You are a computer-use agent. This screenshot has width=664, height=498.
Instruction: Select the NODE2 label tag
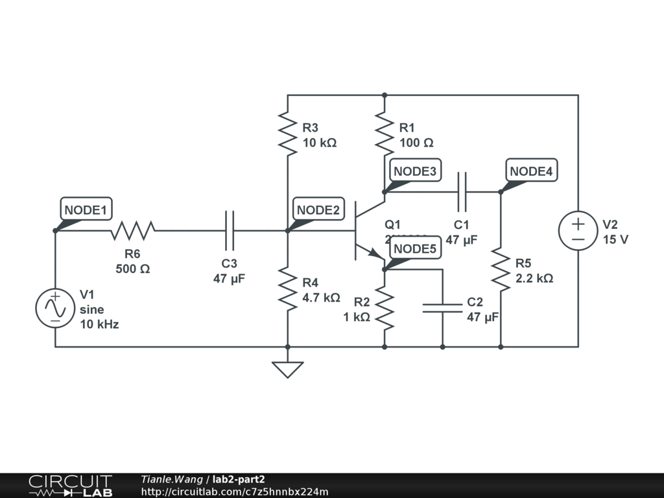(318, 210)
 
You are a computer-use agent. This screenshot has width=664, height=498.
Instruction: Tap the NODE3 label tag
(416, 171)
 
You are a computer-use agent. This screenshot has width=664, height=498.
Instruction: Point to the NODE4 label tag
(531, 171)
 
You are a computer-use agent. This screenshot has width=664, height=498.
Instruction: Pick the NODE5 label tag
(415, 249)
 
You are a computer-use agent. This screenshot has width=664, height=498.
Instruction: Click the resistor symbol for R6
(133, 230)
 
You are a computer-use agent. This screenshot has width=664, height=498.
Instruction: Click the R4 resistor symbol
(287, 289)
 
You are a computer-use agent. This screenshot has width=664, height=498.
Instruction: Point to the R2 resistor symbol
(385, 308)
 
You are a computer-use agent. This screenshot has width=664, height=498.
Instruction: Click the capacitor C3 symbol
(229, 230)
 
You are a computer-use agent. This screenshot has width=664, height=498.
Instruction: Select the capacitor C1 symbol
(462, 192)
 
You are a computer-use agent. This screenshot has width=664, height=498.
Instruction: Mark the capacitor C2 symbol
(443, 308)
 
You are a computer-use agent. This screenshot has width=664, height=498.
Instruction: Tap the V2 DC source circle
(578, 231)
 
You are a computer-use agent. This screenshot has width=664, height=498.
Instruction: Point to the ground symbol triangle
(287, 369)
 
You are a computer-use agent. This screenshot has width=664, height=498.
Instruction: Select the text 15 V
(615, 239)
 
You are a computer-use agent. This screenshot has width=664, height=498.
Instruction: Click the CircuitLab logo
(69, 486)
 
